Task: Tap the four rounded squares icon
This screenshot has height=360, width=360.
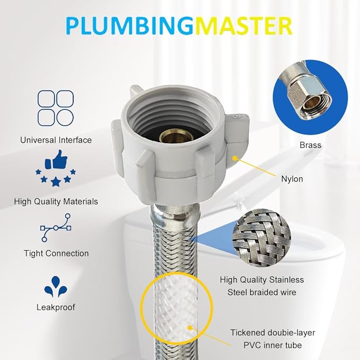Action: pos(56,108)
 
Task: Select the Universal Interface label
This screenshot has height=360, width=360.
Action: pos(56,140)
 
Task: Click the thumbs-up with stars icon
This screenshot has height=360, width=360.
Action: pos(56,169)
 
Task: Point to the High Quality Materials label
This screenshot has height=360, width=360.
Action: pos(56,201)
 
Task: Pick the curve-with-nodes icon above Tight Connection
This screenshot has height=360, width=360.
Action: pos(56,227)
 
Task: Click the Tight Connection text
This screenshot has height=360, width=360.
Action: pos(56,253)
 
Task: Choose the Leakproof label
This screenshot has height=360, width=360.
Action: pos(56,307)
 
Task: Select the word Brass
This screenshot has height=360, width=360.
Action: pos(310,145)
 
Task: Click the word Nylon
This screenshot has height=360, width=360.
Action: pos(292,179)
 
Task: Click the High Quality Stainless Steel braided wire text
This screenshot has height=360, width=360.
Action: pos(262,285)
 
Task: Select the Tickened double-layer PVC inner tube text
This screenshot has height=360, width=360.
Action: pos(273,339)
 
